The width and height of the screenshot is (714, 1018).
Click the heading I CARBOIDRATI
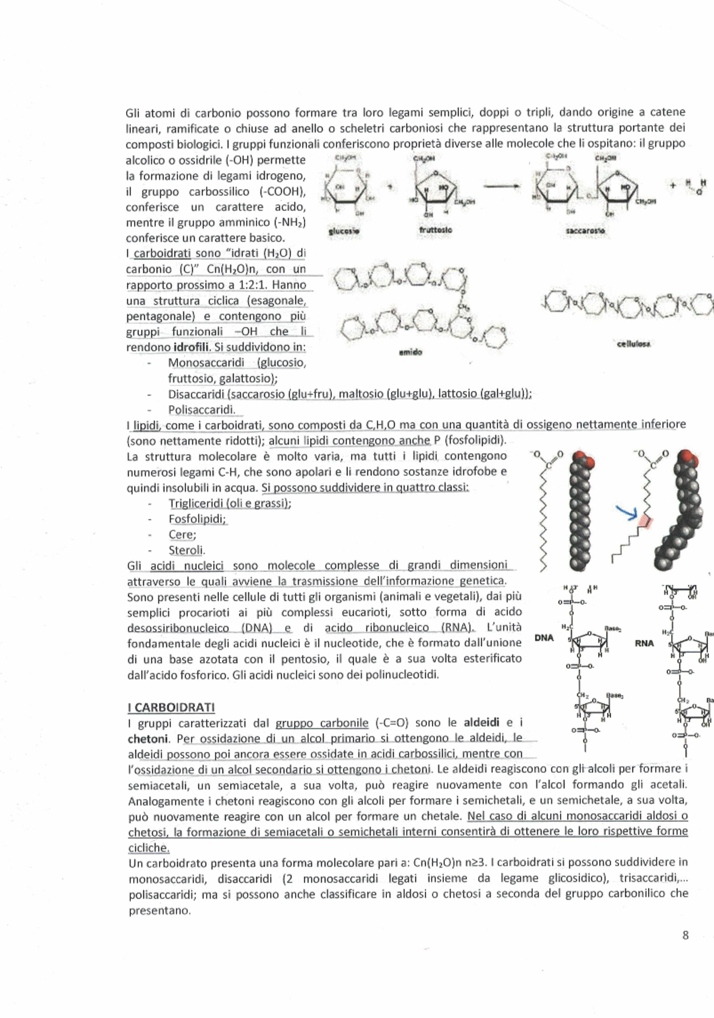(171, 707)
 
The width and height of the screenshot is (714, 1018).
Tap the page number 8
(685, 935)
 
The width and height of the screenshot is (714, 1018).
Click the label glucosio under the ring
(344, 231)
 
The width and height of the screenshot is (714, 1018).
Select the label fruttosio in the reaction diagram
(435, 230)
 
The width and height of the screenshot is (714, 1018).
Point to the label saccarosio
(585, 230)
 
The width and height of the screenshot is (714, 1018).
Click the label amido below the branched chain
(410, 352)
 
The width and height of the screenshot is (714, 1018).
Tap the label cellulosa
(634, 343)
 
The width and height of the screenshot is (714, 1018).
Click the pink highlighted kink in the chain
(646, 522)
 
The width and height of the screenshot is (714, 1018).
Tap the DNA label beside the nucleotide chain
(544, 638)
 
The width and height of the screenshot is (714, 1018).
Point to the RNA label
(644, 643)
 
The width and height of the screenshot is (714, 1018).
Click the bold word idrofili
(190, 347)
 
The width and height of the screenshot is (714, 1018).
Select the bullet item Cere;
(182, 534)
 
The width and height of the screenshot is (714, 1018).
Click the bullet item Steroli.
(186, 550)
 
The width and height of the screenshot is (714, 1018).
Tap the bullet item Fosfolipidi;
(197, 519)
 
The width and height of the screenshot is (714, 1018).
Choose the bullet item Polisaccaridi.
(201, 409)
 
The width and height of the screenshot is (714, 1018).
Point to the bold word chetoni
(148, 739)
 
